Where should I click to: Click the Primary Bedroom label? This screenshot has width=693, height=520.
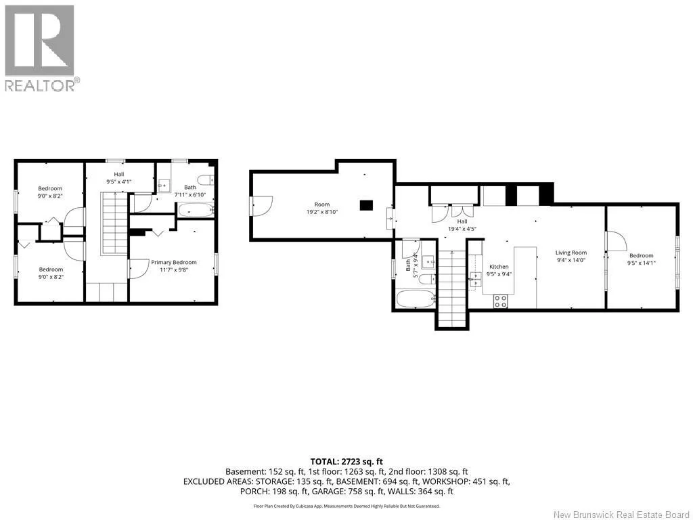(174, 262)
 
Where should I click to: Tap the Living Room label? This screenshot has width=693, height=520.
(571, 253)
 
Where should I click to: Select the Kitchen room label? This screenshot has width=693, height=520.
(499, 267)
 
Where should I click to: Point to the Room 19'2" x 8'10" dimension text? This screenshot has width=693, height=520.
(322, 212)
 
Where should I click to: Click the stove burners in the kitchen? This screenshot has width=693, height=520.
(501, 301)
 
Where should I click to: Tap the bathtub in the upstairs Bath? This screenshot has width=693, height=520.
(196, 210)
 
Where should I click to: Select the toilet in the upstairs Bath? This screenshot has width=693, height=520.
(206, 180)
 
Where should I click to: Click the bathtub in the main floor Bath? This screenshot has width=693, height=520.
(416, 299)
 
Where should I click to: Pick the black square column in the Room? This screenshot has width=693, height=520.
(366, 206)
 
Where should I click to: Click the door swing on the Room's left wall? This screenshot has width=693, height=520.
(263, 206)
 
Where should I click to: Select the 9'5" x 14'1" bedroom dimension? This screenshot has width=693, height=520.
(642, 263)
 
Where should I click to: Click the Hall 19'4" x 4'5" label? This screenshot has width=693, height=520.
(462, 225)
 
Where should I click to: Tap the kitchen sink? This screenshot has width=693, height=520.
(476, 280)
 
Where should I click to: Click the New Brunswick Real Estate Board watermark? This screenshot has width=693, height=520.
(621, 515)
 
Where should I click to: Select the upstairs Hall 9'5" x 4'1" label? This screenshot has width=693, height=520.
(119, 178)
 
